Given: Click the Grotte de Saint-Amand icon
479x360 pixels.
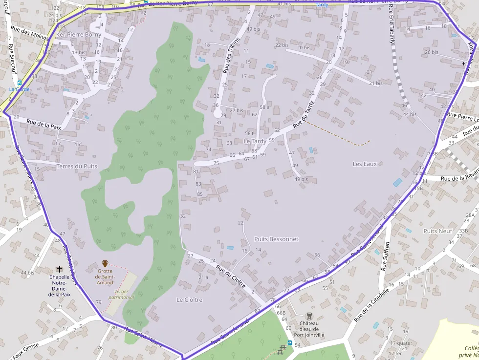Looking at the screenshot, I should click(x=105, y=264).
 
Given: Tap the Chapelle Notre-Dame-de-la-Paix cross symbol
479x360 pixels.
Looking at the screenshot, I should click(x=60, y=269).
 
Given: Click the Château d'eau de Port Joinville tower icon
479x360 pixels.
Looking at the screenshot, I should click(x=308, y=316).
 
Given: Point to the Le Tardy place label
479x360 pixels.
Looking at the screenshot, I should click(x=255, y=141).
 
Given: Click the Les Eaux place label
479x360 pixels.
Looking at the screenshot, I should click(x=365, y=164).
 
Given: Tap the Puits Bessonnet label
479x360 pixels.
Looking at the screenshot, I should click(x=276, y=239).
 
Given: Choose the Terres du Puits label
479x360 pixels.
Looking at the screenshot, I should click(x=77, y=166).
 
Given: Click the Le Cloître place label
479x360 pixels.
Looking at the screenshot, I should click(x=189, y=299).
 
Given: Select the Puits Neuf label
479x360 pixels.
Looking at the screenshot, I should click(x=437, y=231).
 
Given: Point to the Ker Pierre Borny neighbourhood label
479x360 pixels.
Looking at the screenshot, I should click(x=79, y=35).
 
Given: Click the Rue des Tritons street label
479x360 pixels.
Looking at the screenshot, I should click(x=232, y=55).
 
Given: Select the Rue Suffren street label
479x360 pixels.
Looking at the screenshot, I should click(x=386, y=256).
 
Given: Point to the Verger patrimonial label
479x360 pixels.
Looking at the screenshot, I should click(x=121, y=295).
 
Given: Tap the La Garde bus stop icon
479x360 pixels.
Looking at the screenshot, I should click(x=20, y=83).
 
